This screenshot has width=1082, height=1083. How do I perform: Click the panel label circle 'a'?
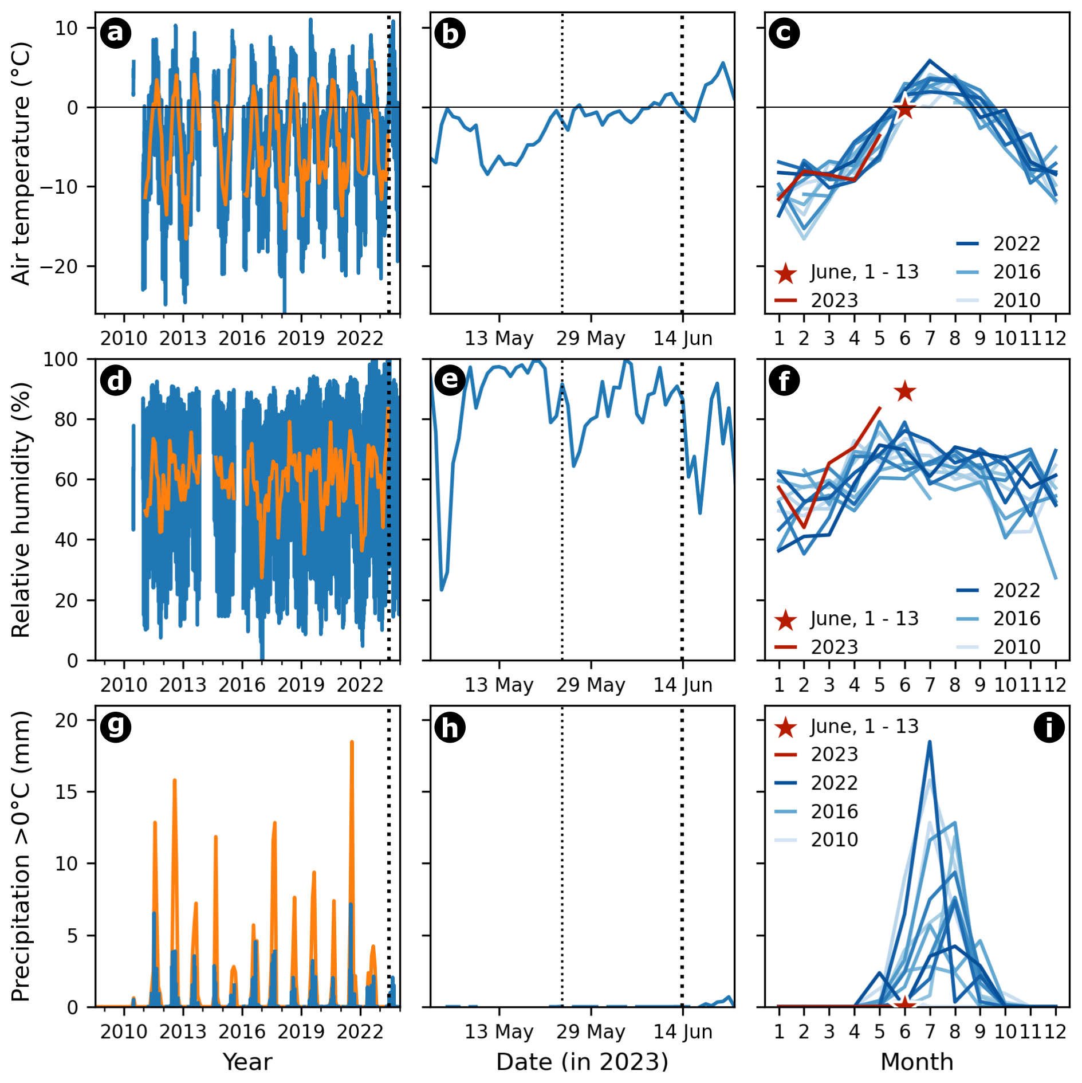(116, 33)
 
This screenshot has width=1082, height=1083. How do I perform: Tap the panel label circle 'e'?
(450, 380)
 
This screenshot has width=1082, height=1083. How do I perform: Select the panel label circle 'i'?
(1049, 727)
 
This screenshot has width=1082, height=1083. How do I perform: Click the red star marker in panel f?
(905, 392)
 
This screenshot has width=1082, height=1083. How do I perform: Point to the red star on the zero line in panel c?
(904, 108)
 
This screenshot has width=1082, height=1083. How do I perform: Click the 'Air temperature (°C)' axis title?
(21, 163)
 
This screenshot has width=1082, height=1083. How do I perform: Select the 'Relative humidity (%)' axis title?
(21, 510)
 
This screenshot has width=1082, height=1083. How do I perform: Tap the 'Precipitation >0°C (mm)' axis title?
(21, 856)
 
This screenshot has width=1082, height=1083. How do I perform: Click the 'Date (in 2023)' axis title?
(582, 1062)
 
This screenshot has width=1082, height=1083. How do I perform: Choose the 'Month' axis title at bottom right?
(917, 1062)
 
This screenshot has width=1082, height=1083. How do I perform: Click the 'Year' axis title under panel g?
(247, 1062)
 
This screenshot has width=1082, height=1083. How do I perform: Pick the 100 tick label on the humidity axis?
(61, 360)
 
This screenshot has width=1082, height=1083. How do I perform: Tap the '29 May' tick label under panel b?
(591, 339)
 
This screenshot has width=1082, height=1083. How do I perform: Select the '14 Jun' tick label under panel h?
(683, 1031)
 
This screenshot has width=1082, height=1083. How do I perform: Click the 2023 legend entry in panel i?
(834, 755)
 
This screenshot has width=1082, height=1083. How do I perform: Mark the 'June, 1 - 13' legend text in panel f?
(864, 619)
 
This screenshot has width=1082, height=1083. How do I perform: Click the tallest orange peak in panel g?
(352, 743)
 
